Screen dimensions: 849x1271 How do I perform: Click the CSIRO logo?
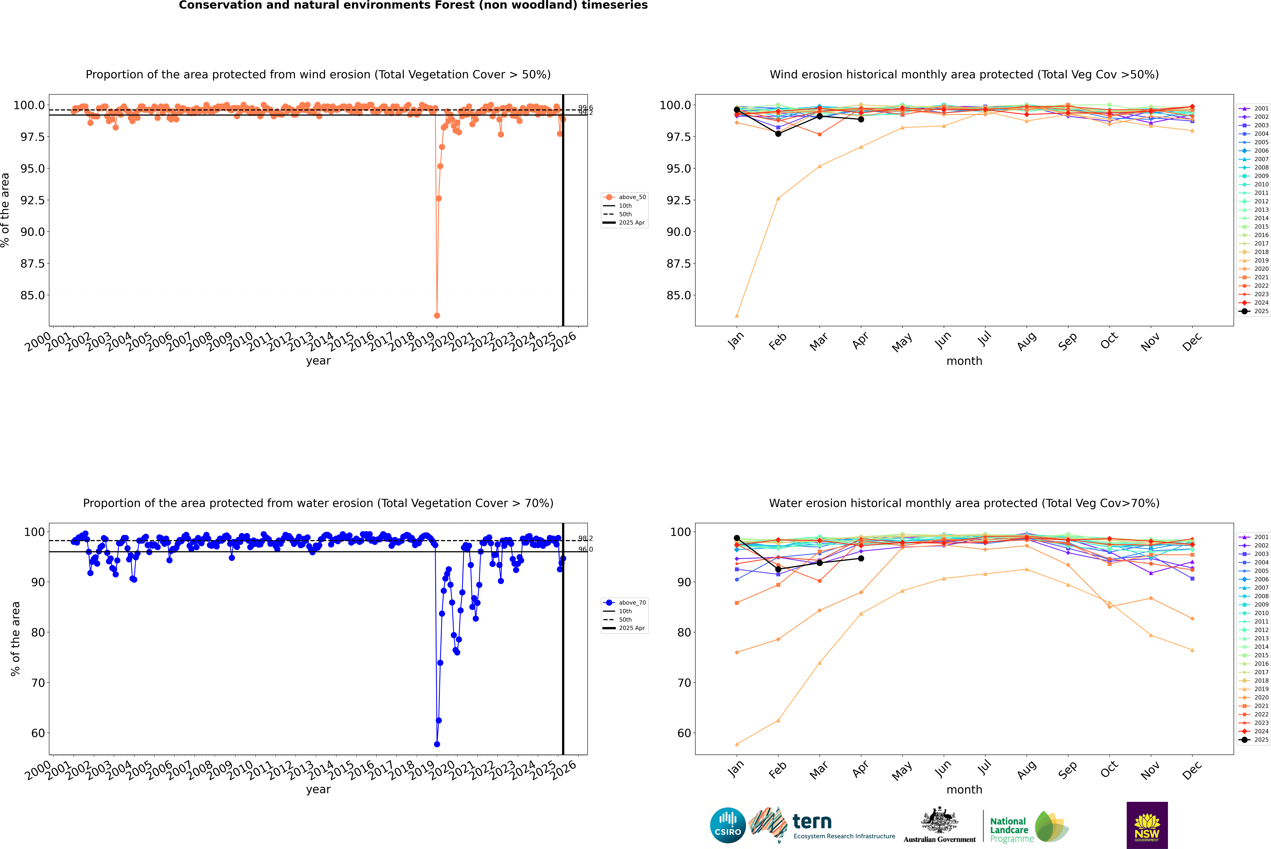[x=728, y=825]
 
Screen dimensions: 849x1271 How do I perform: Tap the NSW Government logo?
[x=1147, y=825]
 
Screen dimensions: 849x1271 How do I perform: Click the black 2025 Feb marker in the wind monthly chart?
[x=778, y=134]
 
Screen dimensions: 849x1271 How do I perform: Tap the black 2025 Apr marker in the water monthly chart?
[x=861, y=558]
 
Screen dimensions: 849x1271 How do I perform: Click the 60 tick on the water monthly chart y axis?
[x=681, y=733]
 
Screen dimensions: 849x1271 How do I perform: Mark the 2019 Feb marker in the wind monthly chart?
[x=778, y=198]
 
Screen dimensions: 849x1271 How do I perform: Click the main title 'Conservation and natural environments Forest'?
[x=413, y=5]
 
